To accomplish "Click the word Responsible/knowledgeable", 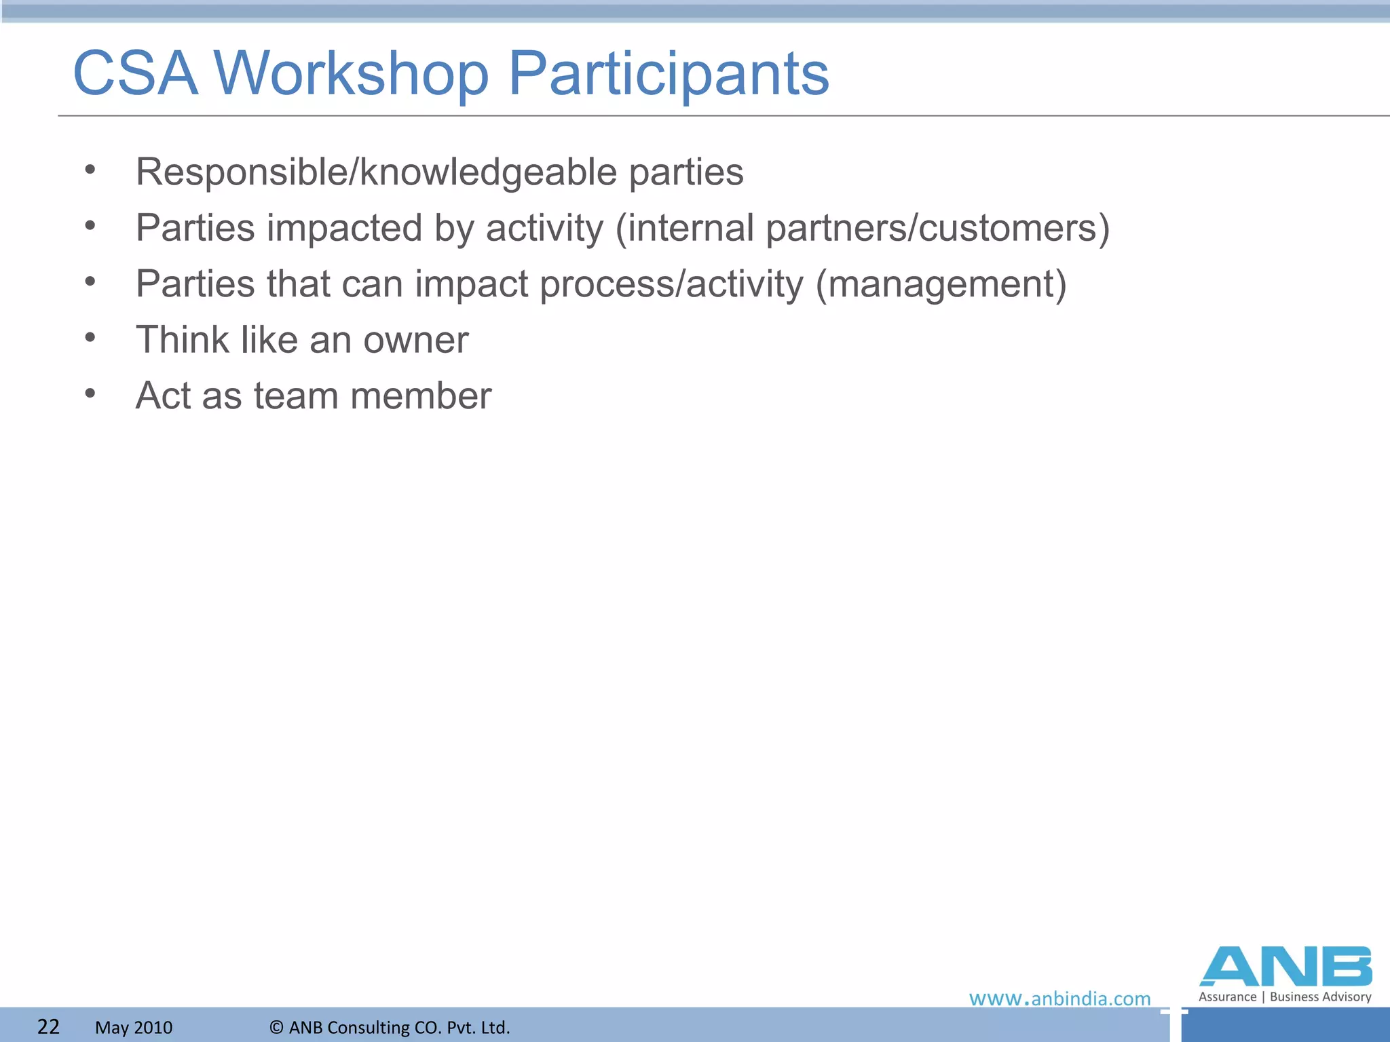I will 376,172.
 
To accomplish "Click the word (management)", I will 941,284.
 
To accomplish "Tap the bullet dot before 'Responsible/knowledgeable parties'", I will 90,169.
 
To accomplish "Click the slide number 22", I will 48,1026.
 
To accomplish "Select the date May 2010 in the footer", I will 134,1028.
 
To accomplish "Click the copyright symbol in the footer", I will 276,1027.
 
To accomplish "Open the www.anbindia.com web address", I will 1059,999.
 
